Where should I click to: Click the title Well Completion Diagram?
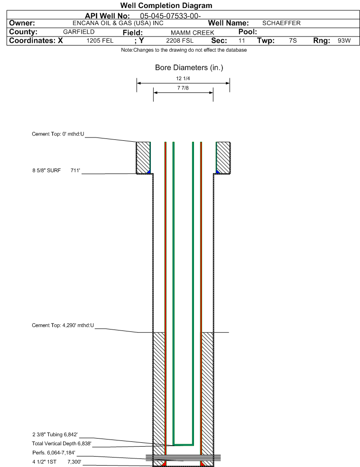click(x=166, y=5)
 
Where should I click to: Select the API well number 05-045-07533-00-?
click(x=170, y=16)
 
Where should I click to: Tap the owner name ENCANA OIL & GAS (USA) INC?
click(x=118, y=23)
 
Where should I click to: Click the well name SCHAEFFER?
click(x=281, y=23)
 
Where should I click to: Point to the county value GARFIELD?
click(x=79, y=32)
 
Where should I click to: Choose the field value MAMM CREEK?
click(x=192, y=32)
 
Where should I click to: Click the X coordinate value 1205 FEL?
click(x=100, y=40)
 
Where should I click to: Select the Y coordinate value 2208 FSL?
click(x=180, y=40)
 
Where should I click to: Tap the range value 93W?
click(x=344, y=40)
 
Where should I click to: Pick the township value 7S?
click(x=293, y=40)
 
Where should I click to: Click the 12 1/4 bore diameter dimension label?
click(x=183, y=78)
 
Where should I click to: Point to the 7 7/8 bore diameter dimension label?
click(x=183, y=88)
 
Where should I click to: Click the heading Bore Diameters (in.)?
click(x=189, y=68)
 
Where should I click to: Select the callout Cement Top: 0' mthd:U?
click(x=58, y=134)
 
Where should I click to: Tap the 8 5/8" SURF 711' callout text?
click(x=56, y=170)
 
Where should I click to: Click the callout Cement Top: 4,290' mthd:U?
click(x=63, y=325)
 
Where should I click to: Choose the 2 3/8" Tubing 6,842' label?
click(x=55, y=435)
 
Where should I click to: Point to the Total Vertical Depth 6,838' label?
click(x=62, y=443)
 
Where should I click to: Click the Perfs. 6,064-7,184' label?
click(x=54, y=453)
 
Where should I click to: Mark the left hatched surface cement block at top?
click(x=143, y=157)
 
